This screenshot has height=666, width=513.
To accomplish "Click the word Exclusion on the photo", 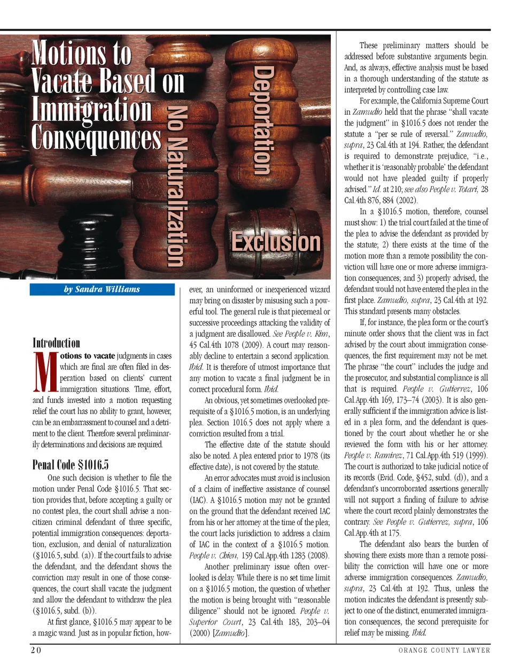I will pyautogui.click(x=276, y=242).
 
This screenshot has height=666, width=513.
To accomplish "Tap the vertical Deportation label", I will pyautogui.click(x=262, y=121).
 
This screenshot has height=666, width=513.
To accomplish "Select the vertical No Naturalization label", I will pyautogui.click(x=177, y=185).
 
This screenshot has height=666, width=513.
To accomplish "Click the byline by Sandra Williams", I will pyautogui.click(x=102, y=289).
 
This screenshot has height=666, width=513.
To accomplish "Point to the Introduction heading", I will pyautogui.click(x=56, y=343).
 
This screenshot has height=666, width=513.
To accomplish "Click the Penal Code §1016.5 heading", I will pyautogui.click(x=71, y=464).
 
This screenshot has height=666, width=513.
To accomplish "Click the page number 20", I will pyautogui.click(x=36, y=650).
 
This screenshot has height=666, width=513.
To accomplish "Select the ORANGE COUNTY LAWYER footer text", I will pyautogui.click(x=444, y=650).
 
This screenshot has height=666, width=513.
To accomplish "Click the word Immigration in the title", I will pyautogui.click(x=91, y=109).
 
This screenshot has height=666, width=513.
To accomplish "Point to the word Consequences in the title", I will pyautogui.click(x=96, y=137).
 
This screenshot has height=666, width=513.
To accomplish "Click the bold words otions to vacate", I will pyautogui.click(x=88, y=355).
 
